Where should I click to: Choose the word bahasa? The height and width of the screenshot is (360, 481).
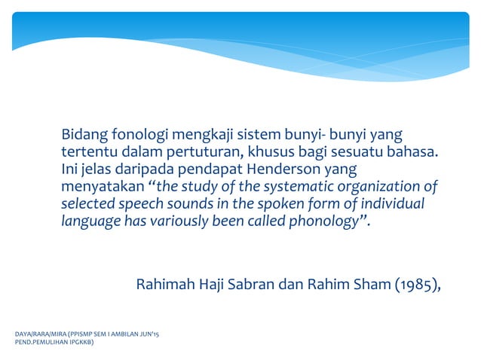[x=412, y=153]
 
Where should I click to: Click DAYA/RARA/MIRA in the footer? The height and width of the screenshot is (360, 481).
[x=35, y=332]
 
